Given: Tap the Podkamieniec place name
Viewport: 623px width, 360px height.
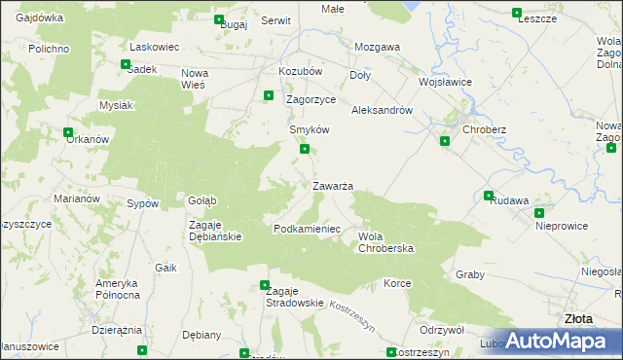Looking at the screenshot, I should (306, 229).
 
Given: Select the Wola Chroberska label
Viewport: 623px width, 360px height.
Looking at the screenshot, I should (386, 241).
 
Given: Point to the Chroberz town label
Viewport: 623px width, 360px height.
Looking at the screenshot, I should (484, 129).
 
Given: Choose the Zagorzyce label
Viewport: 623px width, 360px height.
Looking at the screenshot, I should (311, 99).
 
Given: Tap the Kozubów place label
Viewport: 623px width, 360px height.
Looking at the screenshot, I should (300, 72).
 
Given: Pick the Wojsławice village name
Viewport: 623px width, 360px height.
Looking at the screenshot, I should (445, 82).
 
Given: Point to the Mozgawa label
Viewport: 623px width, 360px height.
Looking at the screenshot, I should (378, 47).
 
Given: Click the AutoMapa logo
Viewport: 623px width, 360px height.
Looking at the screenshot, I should (559, 342).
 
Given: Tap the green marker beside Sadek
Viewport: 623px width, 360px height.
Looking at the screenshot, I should (126, 65).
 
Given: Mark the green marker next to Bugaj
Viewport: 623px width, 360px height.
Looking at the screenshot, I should (218, 19).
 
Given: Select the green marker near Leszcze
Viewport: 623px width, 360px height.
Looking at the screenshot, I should (517, 13).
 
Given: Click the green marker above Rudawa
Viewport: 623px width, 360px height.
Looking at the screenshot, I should (489, 196).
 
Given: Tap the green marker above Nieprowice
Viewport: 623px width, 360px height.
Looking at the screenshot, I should (538, 212).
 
